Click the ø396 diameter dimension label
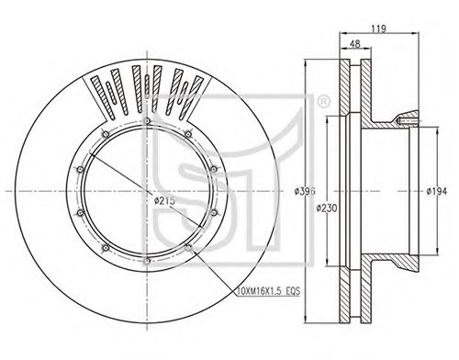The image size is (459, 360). pyautogui.click(x=305, y=191)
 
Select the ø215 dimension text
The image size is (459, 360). pyautogui.click(x=164, y=201)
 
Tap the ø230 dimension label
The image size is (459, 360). pyautogui.click(x=327, y=208)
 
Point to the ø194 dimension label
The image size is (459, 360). pyautogui.click(x=437, y=191)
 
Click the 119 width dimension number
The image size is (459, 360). pyautogui.click(x=379, y=28)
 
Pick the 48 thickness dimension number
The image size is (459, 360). pyautogui.click(x=355, y=44)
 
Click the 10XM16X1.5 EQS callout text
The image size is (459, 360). pyautogui.click(x=269, y=291)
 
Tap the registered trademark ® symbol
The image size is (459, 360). pyautogui.click(x=323, y=103)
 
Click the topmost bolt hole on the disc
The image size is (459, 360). pyautogui.click(x=147, y=121)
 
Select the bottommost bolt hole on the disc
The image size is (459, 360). pyautogui.click(x=147, y=261)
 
